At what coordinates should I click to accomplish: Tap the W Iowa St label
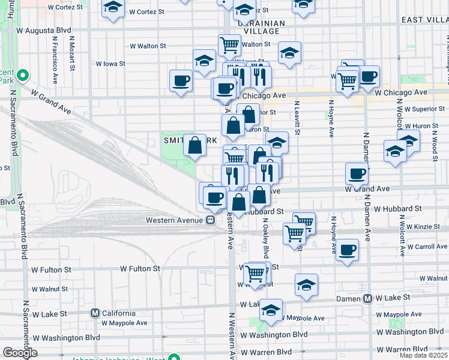click(x=110, y=64)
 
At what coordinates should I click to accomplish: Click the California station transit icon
click(x=94, y=313)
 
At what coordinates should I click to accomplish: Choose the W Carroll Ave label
click(x=427, y=247)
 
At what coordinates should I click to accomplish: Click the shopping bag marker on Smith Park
click(x=194, y=145)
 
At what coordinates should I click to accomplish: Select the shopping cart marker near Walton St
click(x=229, y=44)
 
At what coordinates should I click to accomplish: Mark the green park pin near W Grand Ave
click(x=23, y=76)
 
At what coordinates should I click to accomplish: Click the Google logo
click(x=20, y=353)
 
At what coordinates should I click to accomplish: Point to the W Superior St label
click(x=426, y=109)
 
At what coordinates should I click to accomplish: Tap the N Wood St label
click(x=433, y=144)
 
